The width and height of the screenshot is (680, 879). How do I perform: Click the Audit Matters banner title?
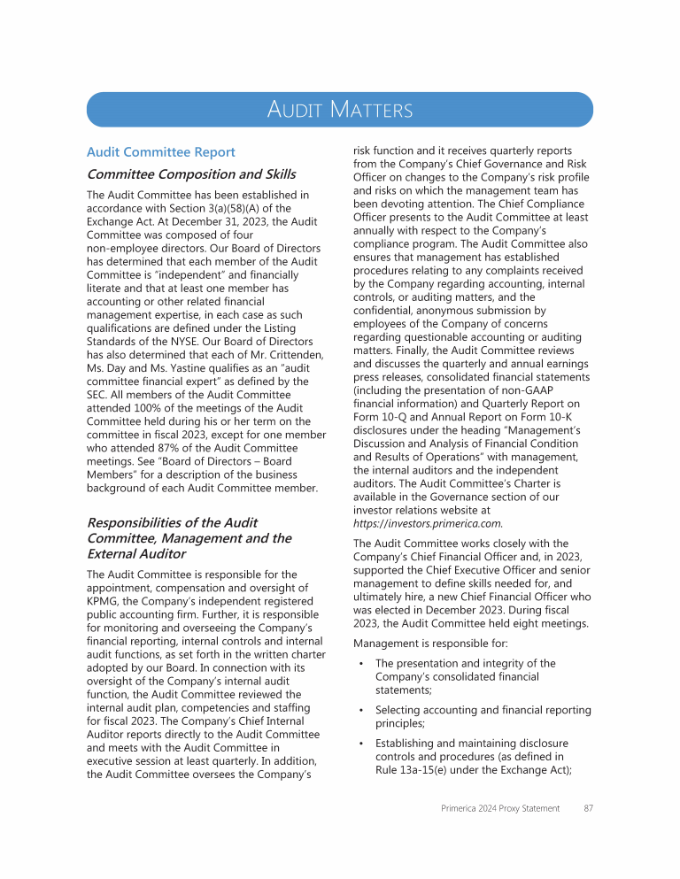click(340, 110)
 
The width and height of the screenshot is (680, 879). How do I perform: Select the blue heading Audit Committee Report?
click(160, 152)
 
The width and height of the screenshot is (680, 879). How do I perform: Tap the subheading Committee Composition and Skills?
click(190, 174)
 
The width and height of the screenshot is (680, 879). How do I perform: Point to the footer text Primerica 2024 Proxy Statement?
click(499, 808)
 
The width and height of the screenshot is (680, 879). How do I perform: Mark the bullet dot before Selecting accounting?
click(361, 711)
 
